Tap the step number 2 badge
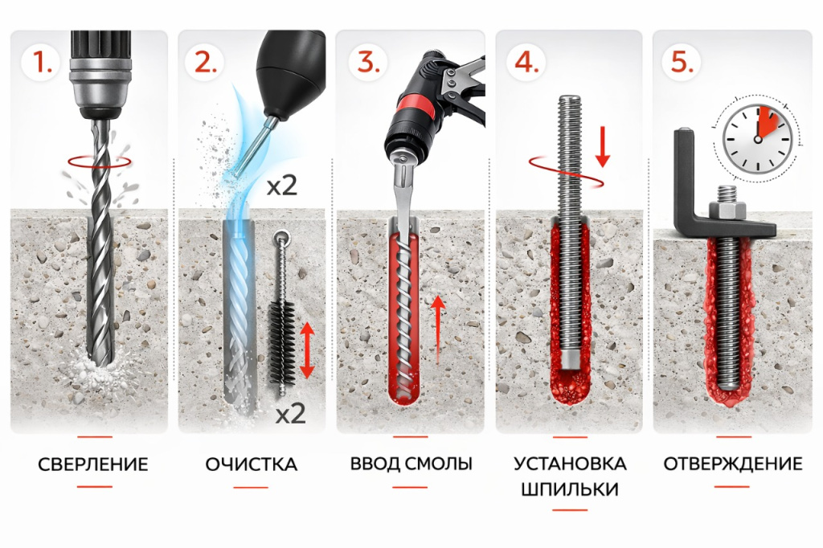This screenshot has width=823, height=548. [x=205, y=62]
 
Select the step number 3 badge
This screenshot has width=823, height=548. [x=368, y=62]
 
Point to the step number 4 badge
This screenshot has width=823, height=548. [x=526, y=62]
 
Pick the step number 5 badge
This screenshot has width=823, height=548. [x=682, y=62]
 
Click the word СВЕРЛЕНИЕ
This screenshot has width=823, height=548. [x=93, y=464]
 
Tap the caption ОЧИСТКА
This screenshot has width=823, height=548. [x=252, y=464]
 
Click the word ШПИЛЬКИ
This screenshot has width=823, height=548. [x=570, y=489]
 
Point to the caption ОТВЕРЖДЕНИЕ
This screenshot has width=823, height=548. [x=733, y=464]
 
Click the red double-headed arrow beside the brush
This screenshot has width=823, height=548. [x=307, y=350]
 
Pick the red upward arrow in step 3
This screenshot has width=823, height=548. [x=438, y=329]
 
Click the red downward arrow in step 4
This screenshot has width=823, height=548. [x=603, y=146]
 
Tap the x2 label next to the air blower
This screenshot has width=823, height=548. [x=282, y=186]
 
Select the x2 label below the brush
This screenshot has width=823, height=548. [x=290, y=414]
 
